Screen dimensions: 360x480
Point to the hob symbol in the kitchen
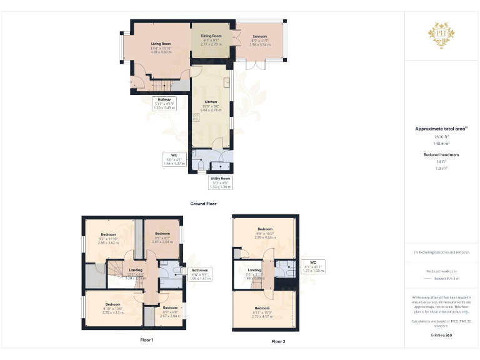(x=196, y=119)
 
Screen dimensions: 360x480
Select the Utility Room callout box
(x=221, y=182)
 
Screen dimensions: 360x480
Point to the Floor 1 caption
(x=147, y=340)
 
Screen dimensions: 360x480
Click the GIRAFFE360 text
(x=441, y=336)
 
